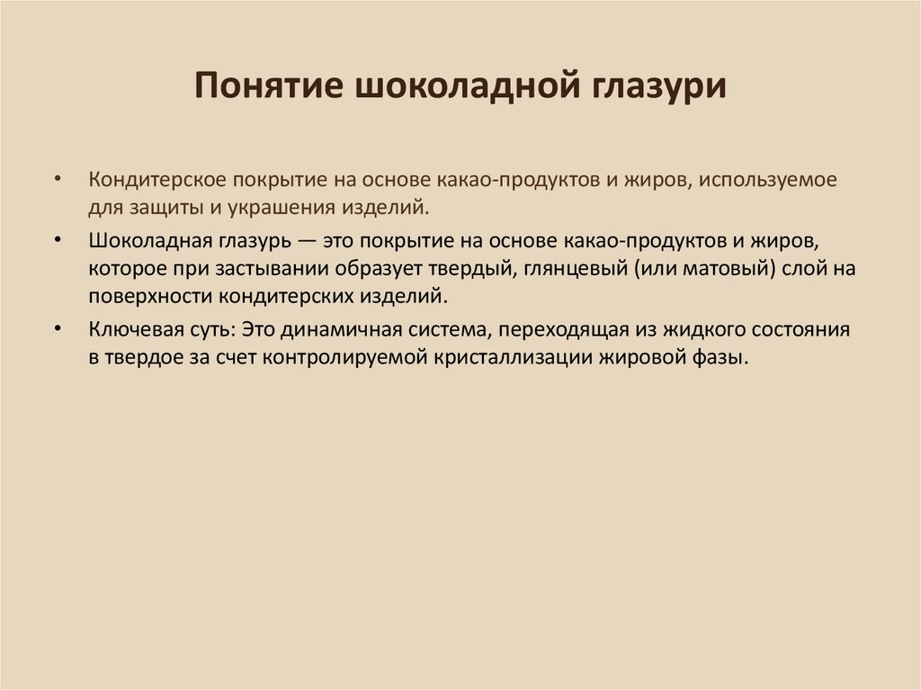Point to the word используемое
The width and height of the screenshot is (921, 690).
point(771,179)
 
